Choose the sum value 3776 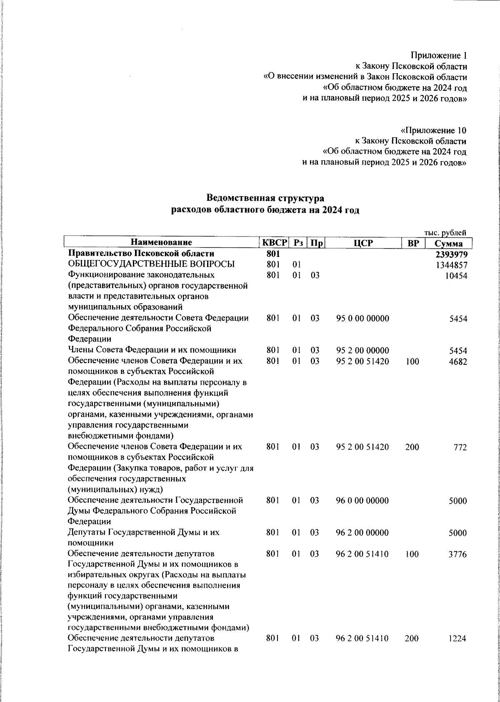pos(457,555)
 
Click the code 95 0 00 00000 pos(362,319)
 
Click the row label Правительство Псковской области pos(141,254)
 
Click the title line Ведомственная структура pos(265,198)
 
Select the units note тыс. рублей pos(445,233)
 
